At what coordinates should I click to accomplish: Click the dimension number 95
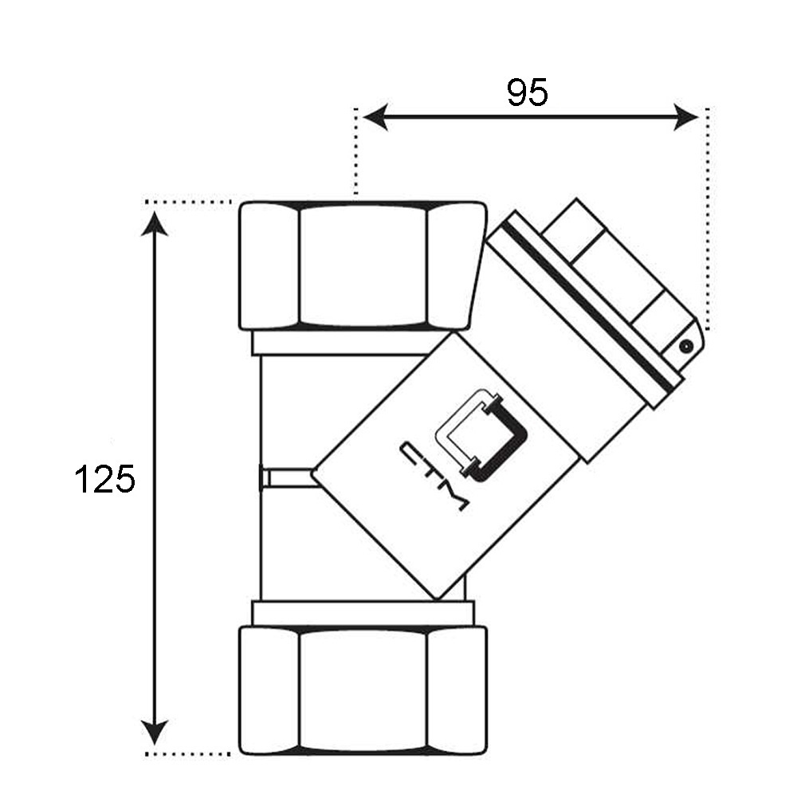tap(528, 92)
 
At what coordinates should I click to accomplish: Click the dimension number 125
tap(105, 479)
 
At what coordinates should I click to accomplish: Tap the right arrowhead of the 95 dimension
tap(686, 117)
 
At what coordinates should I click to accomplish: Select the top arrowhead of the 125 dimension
tap(154, 224)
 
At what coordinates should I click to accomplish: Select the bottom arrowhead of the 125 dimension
tap(154, 732)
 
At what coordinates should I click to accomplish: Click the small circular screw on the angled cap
tap(686, 347)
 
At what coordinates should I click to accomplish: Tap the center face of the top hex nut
tap(363, 265)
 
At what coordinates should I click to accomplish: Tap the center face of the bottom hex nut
tap(363, 690)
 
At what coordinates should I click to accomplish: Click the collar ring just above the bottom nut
tap(363, 613)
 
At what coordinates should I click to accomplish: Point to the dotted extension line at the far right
tap(707, 218)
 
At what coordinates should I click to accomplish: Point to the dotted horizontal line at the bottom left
tap(188, 754)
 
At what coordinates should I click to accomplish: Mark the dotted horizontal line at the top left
tap(188, 202)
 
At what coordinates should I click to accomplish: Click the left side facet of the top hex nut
tap(269, 265)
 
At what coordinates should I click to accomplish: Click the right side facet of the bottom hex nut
tap(457, 690)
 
